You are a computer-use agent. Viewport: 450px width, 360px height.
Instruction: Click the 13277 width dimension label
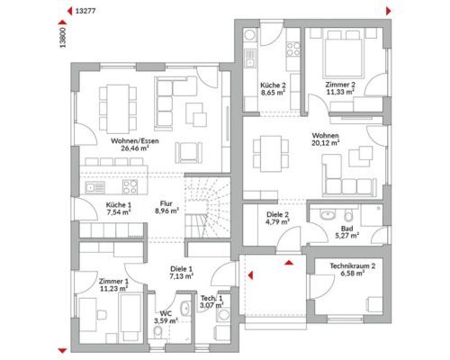(x=85, y=12)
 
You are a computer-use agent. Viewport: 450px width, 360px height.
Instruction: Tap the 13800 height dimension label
(x=63, y=38)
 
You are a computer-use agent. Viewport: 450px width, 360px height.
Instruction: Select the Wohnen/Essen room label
(x=135, y=140)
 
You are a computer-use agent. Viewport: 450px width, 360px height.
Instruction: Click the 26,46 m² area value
(x=135, y=148)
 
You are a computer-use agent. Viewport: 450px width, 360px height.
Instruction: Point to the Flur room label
(x=166, y=203)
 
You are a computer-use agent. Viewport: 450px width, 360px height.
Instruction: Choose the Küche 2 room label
(x=273, y=85)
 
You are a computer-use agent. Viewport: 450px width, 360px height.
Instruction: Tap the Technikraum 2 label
(x=353, y=265)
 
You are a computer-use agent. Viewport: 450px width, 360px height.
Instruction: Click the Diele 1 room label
(x=181, y=269)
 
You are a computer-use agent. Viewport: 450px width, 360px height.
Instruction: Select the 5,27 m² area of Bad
(x=347, y=236)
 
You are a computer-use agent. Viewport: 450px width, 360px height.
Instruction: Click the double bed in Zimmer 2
(x=342, y=54)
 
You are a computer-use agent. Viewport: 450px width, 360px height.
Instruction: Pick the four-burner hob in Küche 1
(x=130, y=187)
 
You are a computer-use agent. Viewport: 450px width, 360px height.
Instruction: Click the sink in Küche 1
(x=94, y=187)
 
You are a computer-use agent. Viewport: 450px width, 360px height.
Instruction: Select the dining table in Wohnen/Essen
(x=118, y=109)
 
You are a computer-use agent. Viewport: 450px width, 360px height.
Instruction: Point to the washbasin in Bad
(x=328, y=214)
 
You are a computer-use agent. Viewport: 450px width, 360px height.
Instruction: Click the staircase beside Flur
(x=207, y=207)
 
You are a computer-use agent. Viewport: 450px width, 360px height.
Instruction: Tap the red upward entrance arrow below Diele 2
(x=289, y=263)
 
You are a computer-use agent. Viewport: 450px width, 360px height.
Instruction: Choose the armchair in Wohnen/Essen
(x=188, y=153)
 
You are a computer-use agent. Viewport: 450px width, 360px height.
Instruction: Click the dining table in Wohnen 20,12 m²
(x=271, y=154)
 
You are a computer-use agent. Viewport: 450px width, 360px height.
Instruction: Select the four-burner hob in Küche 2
(x=293, y=49)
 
